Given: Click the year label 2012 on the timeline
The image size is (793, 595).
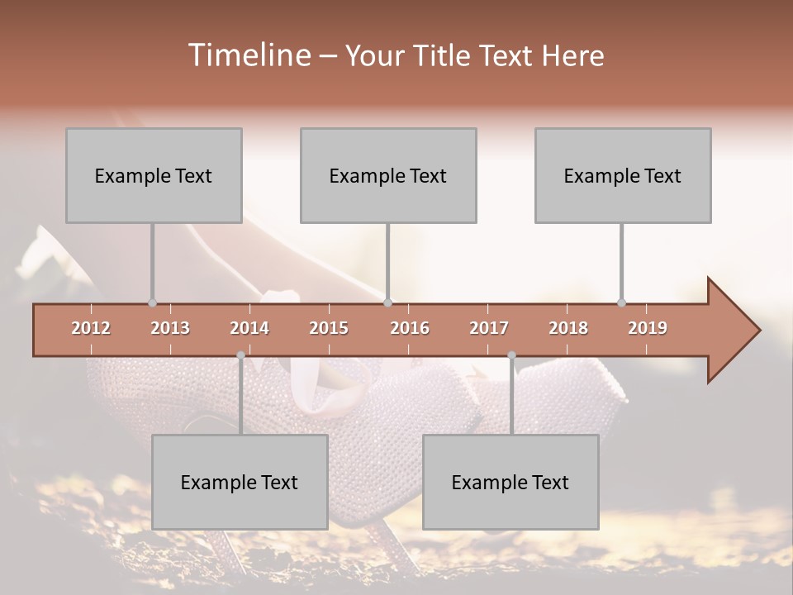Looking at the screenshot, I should [91, 328].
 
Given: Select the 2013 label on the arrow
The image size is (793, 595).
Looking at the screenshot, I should [170, 328].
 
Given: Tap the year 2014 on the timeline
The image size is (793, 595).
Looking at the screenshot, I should [249, 328].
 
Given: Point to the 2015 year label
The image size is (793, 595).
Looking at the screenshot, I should [329, 328].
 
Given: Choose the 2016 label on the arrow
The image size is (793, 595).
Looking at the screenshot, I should [410, 328].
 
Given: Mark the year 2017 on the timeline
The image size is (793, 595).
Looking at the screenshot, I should [489, 328].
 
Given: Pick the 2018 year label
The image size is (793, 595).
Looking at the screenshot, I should [568, 328].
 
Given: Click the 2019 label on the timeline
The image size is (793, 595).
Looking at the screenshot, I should [648, 328].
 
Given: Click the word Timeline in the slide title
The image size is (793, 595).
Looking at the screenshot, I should [247, 55].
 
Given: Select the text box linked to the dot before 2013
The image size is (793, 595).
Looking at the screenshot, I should [154, 175].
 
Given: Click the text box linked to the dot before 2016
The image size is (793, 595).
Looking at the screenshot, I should [388, 175].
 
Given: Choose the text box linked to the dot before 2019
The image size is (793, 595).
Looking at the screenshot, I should [623, 175].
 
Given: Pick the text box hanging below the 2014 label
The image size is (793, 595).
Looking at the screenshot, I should [240, 482].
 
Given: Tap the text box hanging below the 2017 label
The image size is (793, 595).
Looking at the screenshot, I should [510, 482].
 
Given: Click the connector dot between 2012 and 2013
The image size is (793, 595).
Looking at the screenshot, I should [152, 302].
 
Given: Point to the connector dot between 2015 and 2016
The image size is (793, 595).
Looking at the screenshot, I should [387, 302].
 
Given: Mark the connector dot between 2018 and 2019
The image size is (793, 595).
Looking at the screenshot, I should [621, 302].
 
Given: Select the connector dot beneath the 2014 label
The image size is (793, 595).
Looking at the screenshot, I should [240, 355].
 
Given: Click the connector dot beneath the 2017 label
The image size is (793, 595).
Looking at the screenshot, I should [511, 355].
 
